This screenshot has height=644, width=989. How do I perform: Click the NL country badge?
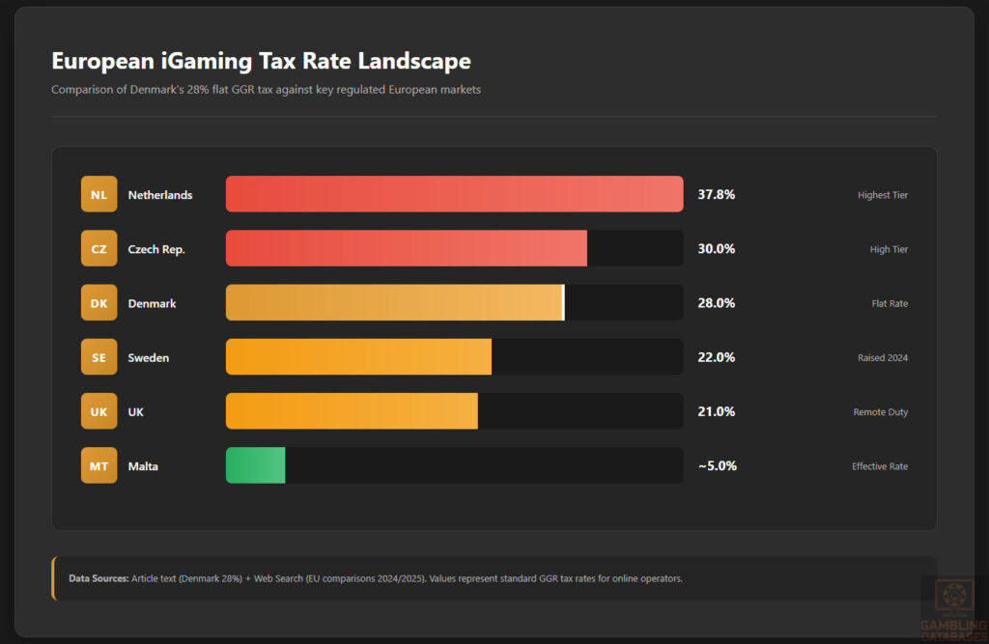pyautogui.click(x=99, y=194)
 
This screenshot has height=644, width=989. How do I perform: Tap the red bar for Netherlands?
pyautogui.click(x=454, y=194)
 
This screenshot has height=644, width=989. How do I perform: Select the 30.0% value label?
pyautogui.click(x=716, y=249)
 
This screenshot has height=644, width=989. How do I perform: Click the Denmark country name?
pyautogui.click(x=152, y=303)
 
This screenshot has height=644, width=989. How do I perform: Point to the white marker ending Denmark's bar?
pyautogui.click(x=563, y=302)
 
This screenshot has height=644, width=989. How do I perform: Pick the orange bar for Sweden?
pyautogui.click(x=358, y=357)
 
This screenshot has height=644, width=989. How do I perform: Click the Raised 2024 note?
pyautogui.click(x=882, y=357)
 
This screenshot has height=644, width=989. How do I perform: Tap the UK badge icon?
pyautogui.click(x=99, y=411)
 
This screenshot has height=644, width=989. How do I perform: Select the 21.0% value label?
pyautogui.click(x=716, y=411)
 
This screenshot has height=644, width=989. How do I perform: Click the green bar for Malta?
pyautogui.click(x=255, y=465)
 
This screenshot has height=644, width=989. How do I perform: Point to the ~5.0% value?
pyautogui.click(x=717, y=465)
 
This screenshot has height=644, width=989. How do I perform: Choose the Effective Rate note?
pyautogui.click(x=879, y=466)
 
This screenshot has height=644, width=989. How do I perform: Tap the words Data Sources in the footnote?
pyautogui.click(x=99, y=578)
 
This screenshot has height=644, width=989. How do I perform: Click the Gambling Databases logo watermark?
pyautogui.click(x=954, y=605)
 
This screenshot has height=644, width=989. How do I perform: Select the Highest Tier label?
pyautogui.click(x=882, y=195)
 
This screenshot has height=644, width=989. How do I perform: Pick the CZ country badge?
pyautogui.click(x=99, y=249)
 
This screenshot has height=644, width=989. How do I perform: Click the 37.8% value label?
pyautogui.click(x=716, y=194)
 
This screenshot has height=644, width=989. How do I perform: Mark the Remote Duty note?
pyautogui.click(x=880, y=412)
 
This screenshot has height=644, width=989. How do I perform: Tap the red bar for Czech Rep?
pyautogui.click(x=406, y=248)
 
